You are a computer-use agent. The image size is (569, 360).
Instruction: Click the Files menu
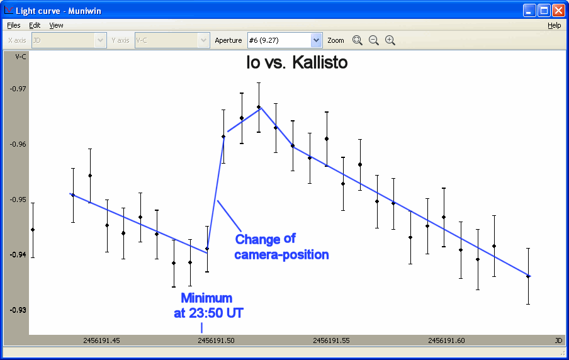(x=14, y=25)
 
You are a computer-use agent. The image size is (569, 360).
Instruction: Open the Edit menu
(x=35, y=25)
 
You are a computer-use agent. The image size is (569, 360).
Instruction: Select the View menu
(x=56, y=25)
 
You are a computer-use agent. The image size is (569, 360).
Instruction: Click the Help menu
(x=554, y=25)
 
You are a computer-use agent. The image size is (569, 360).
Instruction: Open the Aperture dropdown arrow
(x=316, y=40)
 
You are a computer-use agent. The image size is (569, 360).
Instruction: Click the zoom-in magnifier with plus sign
(x=390, y=40)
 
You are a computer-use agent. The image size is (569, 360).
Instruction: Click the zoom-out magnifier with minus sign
(x=374, y=40)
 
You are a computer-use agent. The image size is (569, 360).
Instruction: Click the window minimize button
(x=529, y=11)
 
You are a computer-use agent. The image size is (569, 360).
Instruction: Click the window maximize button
(x=544, y=11)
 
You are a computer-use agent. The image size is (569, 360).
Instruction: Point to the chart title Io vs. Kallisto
(x=297, y=62)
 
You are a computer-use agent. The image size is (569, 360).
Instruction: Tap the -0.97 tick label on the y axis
(x=18, y=89)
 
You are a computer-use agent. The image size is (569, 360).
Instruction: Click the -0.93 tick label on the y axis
(x=18, y=310)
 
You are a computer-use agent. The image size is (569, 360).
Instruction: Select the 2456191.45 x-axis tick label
(x=101, y=340)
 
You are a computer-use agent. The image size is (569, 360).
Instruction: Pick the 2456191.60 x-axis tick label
(x=446, y=340)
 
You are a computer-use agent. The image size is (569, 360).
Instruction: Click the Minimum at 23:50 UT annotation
(x=208, y=306)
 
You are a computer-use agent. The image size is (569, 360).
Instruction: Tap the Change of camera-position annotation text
(x=281, y=247)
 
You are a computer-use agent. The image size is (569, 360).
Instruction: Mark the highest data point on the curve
(x=259, y=107)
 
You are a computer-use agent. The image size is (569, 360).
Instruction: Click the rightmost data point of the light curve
(x=528, y=276)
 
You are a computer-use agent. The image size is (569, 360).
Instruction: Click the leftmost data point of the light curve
(x=33, y=230)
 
